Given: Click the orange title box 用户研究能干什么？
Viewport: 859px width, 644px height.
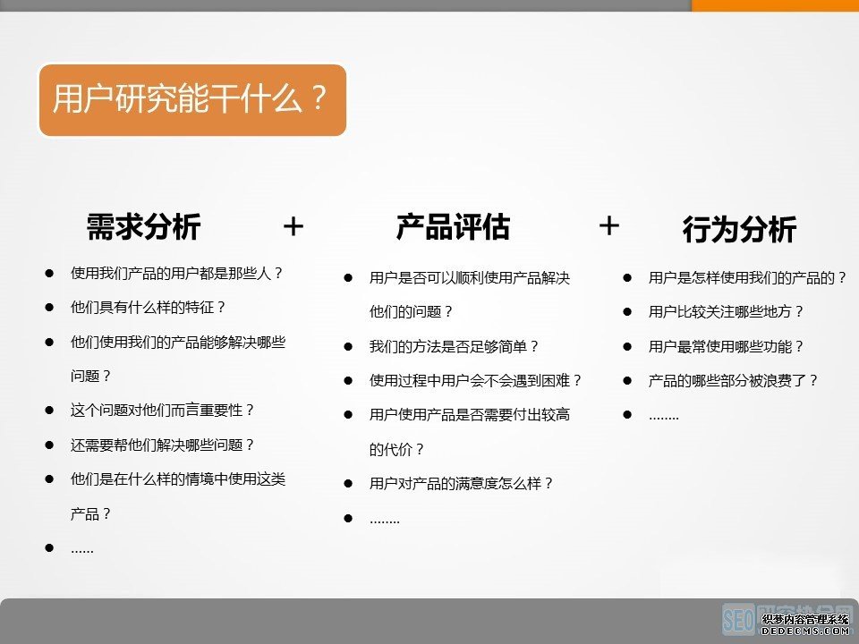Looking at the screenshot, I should coord(191,99).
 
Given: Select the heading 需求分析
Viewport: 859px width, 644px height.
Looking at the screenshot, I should coord(143,227).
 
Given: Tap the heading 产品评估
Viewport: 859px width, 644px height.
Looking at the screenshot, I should coord(453,227).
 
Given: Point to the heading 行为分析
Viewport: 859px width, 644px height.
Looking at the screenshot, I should coord(739,231).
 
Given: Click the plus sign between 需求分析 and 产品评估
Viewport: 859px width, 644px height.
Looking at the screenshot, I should coord(293,227).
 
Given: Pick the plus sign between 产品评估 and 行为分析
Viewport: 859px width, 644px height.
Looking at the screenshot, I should coord(608,226).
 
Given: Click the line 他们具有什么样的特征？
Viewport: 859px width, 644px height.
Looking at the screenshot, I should coord(149,307).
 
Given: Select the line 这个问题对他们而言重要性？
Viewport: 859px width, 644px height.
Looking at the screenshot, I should coord(163,410).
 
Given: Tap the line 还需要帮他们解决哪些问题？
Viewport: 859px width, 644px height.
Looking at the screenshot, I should coord(163,445).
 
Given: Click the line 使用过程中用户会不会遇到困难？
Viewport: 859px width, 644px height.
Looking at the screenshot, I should coord(476,380).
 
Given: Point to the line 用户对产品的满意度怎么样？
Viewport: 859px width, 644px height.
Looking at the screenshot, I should coord(462,483).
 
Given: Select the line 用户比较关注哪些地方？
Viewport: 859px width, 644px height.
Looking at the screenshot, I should coord(727,312).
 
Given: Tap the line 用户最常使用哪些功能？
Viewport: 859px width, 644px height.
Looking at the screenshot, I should coord(727,346).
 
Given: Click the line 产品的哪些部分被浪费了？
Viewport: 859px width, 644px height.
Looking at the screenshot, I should coord(734,380).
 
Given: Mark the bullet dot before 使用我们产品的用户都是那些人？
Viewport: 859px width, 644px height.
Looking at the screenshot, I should coord(50,273).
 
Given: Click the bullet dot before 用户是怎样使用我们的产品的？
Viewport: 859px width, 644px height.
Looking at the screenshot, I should coord(628,278).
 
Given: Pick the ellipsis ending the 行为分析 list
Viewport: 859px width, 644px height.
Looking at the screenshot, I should coord(664,416).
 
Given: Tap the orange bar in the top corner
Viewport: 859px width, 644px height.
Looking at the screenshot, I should coord(775,5).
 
